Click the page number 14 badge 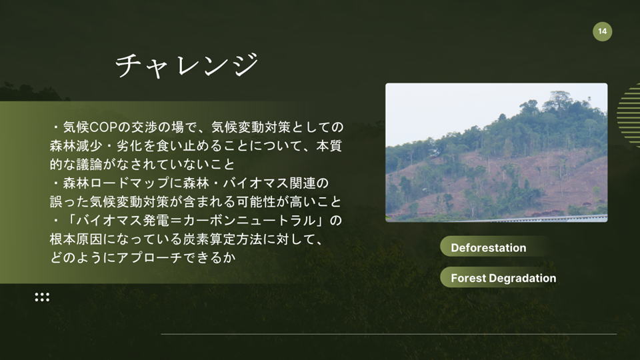tap(602, 31)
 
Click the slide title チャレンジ tap(187, 65)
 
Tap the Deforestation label tap(488, 248)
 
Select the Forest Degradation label tap(503, 279)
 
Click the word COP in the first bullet tap(103, 127)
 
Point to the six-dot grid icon tap(42, 297)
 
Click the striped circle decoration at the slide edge tap(629, 115)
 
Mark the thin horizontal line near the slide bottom tap(389, 334)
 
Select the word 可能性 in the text tap(250, 201)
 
